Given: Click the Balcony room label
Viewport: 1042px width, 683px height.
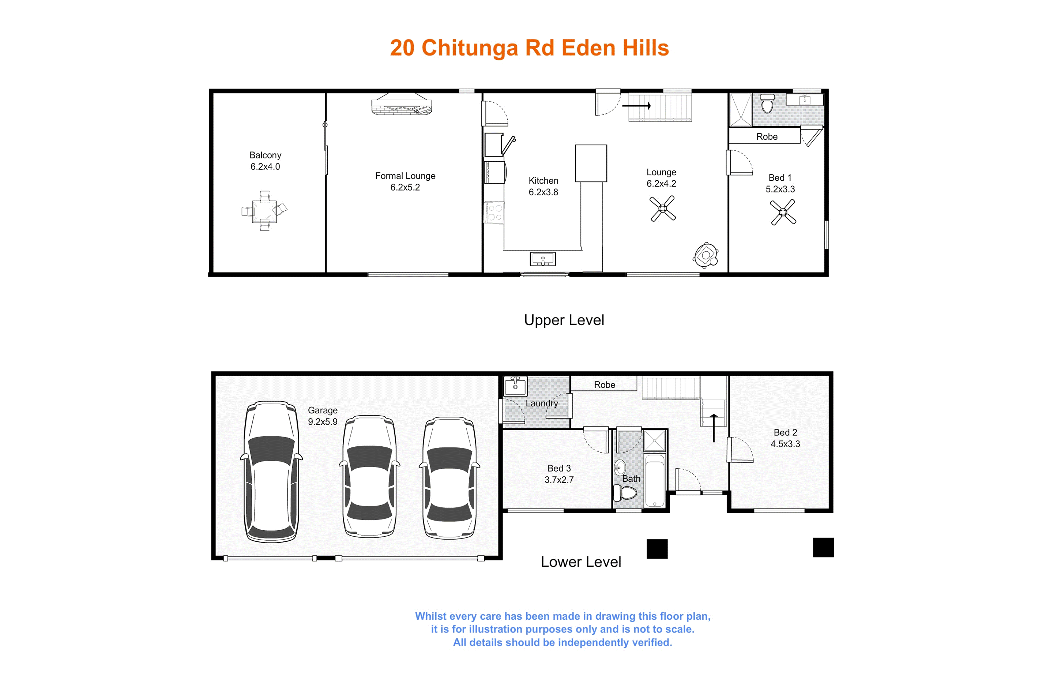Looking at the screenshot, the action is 265,155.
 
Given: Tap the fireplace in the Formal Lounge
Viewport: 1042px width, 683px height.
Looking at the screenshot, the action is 402,104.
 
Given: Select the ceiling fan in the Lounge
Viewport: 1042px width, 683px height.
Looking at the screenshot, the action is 662,209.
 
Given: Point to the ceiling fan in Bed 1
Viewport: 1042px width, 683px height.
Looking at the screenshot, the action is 783,212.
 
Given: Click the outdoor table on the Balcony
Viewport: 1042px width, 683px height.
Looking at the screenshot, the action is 264,211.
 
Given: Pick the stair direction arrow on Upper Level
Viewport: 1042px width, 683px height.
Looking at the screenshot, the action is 637,105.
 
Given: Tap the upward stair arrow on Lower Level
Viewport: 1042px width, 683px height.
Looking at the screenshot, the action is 714,428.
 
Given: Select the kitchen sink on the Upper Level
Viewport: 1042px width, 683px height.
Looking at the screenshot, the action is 543,259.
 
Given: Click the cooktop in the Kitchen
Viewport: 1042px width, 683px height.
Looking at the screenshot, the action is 494,213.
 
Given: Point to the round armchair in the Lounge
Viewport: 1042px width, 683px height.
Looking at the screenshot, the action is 706,255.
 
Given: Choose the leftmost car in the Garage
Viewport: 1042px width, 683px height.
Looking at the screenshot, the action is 271,472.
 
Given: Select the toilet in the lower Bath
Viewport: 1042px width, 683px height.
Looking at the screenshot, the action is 625,492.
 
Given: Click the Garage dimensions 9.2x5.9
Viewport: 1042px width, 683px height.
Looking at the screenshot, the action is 323,422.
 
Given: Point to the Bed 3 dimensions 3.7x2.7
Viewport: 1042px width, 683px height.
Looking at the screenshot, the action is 559,480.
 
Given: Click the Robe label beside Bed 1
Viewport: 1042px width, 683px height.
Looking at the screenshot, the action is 767,136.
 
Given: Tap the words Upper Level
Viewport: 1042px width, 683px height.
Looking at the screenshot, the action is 564,320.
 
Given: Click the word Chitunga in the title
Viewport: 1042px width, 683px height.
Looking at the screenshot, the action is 470,49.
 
